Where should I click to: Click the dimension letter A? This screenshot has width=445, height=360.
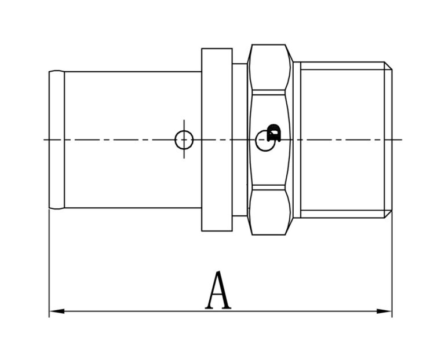(218, 290)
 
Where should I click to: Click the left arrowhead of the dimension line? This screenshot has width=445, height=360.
(57, 311)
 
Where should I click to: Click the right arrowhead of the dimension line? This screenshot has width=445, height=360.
(384, 311)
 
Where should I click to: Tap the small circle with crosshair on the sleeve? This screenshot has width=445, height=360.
(184, 139)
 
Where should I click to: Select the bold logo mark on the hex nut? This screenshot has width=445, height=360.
(274, 133)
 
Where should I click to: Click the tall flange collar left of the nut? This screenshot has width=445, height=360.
(217, 139)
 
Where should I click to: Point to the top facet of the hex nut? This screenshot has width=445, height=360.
(268, 68)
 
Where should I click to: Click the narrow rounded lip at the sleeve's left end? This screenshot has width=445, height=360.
(57, 139)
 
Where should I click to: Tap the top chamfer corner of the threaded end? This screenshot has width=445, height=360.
(388, 65)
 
